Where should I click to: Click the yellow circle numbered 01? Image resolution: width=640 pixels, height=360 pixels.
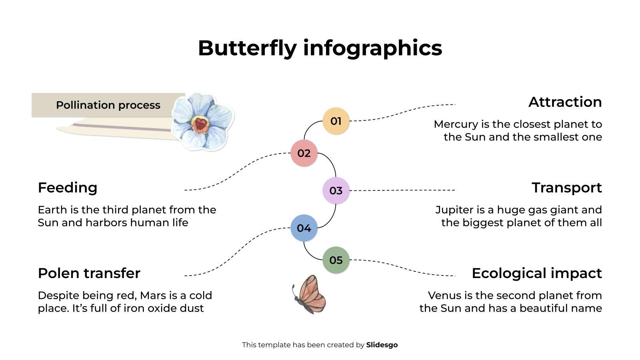click(336, 121)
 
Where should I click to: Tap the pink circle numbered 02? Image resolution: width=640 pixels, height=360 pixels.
click(304, 153)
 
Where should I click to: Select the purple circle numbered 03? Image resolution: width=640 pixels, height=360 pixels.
click(336, 190)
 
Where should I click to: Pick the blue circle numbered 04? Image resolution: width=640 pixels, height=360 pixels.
click(304, 228)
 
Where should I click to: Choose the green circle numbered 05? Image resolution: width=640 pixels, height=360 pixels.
click(336, 260)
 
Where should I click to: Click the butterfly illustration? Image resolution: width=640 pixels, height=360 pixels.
click(309, 294)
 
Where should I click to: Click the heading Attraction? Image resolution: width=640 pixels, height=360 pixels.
click(565, 102)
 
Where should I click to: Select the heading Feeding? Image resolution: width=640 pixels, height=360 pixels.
click(68, 188)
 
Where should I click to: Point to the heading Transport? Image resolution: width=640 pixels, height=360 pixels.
click(566, 188)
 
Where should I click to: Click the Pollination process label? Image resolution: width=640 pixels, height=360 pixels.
click(108, 105)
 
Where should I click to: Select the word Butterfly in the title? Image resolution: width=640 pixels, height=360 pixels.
click(247, 48)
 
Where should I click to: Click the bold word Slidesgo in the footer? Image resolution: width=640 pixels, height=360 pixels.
click(382, 345)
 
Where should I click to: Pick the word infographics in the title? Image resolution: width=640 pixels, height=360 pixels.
click(372, 48)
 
